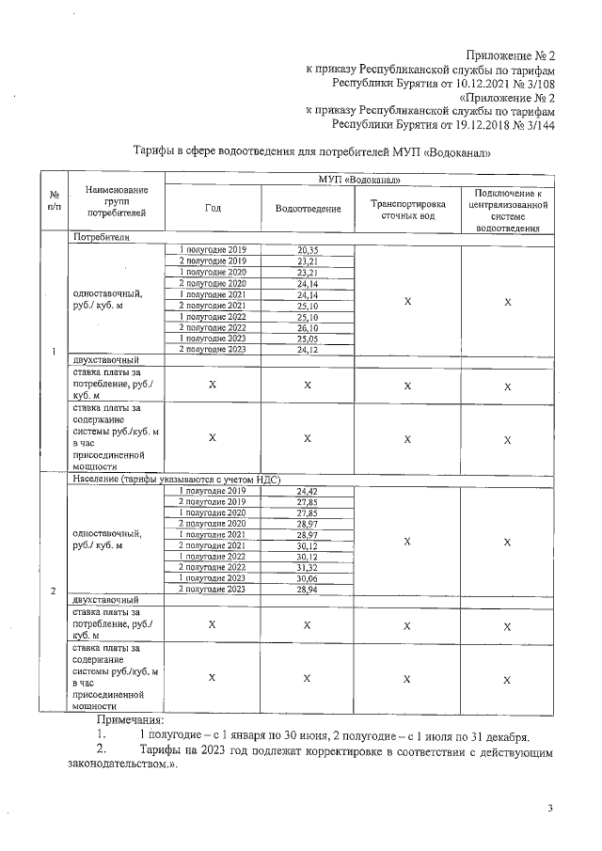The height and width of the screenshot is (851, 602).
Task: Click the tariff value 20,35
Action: click(308, 249)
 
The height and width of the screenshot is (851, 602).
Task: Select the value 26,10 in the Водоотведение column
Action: click(308, 327)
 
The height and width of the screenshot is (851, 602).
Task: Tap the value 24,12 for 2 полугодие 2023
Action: click(308, 350)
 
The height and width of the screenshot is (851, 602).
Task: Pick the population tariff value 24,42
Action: click(308, 491)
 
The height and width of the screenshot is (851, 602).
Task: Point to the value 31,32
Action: click(308, 567)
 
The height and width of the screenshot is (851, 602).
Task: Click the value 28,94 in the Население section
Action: click(308, 590)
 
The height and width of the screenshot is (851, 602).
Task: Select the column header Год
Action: click(213, 208)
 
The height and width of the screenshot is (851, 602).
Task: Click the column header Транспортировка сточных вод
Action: click(406, 208)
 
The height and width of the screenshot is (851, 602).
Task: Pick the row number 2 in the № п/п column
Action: click(53, 591)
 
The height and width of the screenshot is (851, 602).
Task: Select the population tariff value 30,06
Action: click(308, 578)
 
